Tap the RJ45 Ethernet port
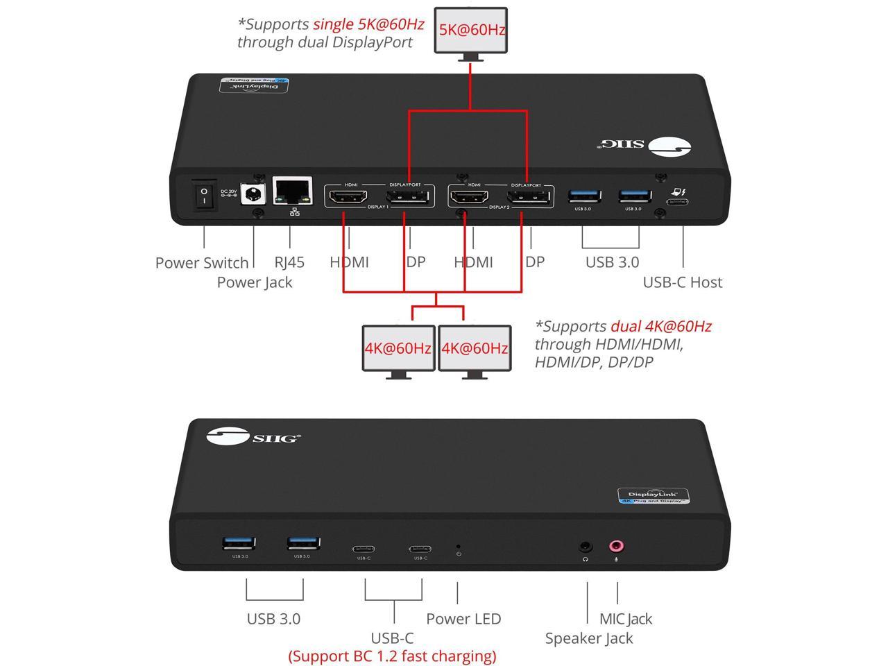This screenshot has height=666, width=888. tap(292, 191)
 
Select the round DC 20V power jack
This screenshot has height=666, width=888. tap(253, 193)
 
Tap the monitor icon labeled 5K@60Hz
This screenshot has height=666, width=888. tap(471, 30)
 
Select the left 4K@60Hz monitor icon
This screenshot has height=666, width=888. tap(398, 348)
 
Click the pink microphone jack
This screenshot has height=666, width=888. tap(616, 546)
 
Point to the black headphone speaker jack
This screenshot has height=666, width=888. tap(586, 547)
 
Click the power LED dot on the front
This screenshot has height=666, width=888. tap(458, 545)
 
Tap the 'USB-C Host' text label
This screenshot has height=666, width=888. tap(682, 282)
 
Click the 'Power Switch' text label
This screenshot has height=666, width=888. tap(201, 263)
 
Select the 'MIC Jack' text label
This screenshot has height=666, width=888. tap(626, 619)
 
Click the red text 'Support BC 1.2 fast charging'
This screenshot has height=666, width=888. tap(392, 656)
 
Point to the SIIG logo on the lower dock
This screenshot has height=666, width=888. tap(254, 437)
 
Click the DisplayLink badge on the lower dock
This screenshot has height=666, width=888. tap(653, 495)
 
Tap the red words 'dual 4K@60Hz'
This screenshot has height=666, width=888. tap(660, 326)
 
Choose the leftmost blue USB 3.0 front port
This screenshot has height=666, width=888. tap(239, 544)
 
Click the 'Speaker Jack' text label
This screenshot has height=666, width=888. tap(588, 638)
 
